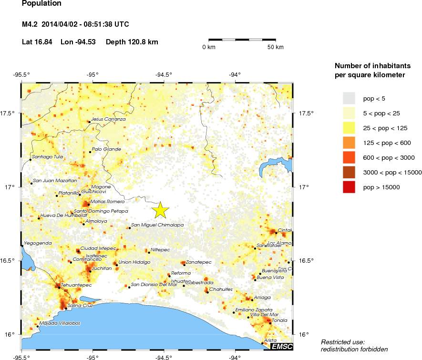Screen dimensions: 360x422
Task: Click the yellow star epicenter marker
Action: [161, 209]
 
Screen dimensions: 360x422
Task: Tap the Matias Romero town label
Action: [107, 202]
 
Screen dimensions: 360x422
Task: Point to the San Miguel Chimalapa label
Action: [157, 225]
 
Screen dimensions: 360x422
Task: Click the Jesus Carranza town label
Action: [108, 119]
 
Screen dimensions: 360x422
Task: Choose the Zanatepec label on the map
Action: [199, 262]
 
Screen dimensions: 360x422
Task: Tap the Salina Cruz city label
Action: [80, 305]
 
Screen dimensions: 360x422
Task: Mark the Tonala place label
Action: [279, 320]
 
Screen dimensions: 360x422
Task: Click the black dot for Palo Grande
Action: [90, 152]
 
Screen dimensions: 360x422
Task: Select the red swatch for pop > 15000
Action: [350, 187]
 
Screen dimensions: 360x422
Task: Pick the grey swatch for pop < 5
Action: [350, 98]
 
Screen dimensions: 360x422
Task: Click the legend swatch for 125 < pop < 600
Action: [350, 143]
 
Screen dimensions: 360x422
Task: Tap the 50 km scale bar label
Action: [275, 47]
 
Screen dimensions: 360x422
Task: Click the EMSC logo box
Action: [281, 346]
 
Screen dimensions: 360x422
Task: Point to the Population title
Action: [41, 4]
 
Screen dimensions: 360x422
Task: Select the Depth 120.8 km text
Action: [132, 42]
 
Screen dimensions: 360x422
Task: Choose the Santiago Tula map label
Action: [48, 156]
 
